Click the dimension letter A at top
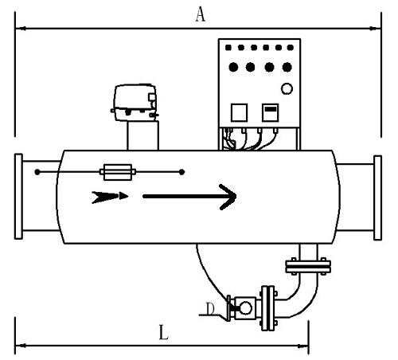click(201, 14)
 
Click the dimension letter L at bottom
click(164, 332)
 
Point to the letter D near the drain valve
click(210, 309)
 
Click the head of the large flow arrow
click(228, 197)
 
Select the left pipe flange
click(18, 197)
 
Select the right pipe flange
click(377, 198)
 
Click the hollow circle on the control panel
click(287, 88)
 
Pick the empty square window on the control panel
click(239, 112)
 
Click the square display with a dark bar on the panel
click(271, 112)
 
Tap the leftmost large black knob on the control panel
click(233, 67)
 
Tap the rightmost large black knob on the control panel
click(287, 67)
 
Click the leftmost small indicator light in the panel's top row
click(228, 48)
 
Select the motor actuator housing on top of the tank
click(135, 103)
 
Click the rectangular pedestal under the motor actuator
click(142, 135)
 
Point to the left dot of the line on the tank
click(37, 172)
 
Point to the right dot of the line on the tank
click(181, 172)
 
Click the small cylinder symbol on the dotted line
click(118, 172)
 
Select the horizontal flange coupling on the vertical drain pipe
click(308, 266)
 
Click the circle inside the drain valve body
click(245, 308)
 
